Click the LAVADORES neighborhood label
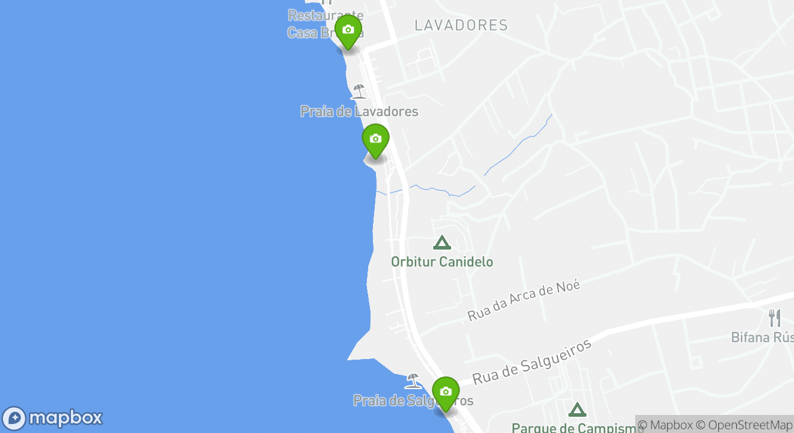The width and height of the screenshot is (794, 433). [461, 25]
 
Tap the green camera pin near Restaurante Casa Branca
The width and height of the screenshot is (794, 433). [348, 30]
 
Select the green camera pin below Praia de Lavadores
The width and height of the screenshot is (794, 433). [375, 140]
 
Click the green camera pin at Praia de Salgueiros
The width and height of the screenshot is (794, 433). [446, 392]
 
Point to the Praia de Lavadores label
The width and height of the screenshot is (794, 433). [359, 111]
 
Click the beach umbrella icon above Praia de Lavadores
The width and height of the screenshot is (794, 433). [359, 91]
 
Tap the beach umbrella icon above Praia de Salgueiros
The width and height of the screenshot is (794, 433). [413, 381]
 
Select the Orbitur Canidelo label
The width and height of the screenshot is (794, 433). [442, 262]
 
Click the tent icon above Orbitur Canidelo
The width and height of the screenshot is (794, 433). [442, 243]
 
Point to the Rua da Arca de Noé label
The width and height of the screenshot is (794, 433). [524, 299]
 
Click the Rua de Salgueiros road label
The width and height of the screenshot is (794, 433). [532, 361]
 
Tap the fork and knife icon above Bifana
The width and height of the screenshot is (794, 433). [775, 318]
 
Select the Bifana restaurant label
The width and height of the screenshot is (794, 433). [762, 337]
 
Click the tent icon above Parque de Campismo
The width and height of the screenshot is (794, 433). [577, 410]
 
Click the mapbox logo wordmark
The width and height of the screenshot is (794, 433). [66, 418]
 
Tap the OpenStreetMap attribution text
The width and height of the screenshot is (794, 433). [745, 425]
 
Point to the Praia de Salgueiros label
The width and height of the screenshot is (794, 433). [413, 401]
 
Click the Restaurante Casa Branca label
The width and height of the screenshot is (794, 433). [325, 24]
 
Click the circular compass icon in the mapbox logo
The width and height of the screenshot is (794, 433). [14, 419]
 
